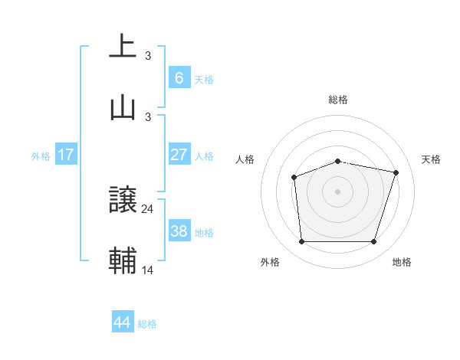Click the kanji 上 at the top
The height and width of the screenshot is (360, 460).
click(x=123, y=45)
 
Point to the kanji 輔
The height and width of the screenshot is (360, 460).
click(x=123, y=260)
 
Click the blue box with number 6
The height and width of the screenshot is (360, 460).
click(x=179, y=78)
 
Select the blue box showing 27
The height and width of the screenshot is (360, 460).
click(x=179, y=155)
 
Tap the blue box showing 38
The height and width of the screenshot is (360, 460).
click(x=179, y=231)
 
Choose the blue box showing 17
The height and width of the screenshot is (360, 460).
click(x=65, y=155)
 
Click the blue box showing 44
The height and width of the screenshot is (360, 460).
click(x=123, y=322)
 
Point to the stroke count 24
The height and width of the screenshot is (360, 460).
click(x=148, y=208)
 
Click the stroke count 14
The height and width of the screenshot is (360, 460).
click(x=148, y=270)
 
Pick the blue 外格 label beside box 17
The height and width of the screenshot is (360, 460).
click(x=41, y=155)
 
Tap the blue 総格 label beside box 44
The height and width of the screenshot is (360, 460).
click(x=147, y=324)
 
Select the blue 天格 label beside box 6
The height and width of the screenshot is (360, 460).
click(x=204, y=79)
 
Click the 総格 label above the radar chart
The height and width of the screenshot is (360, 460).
click(x=338, y=100)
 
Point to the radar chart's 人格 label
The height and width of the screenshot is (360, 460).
click(x=245, y=159)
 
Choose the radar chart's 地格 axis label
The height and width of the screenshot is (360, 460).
click(x=402, y=262)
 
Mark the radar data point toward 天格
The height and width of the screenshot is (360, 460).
click(x=396, y=172)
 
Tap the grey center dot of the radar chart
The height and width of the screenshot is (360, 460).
click(x=337, y=191)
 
